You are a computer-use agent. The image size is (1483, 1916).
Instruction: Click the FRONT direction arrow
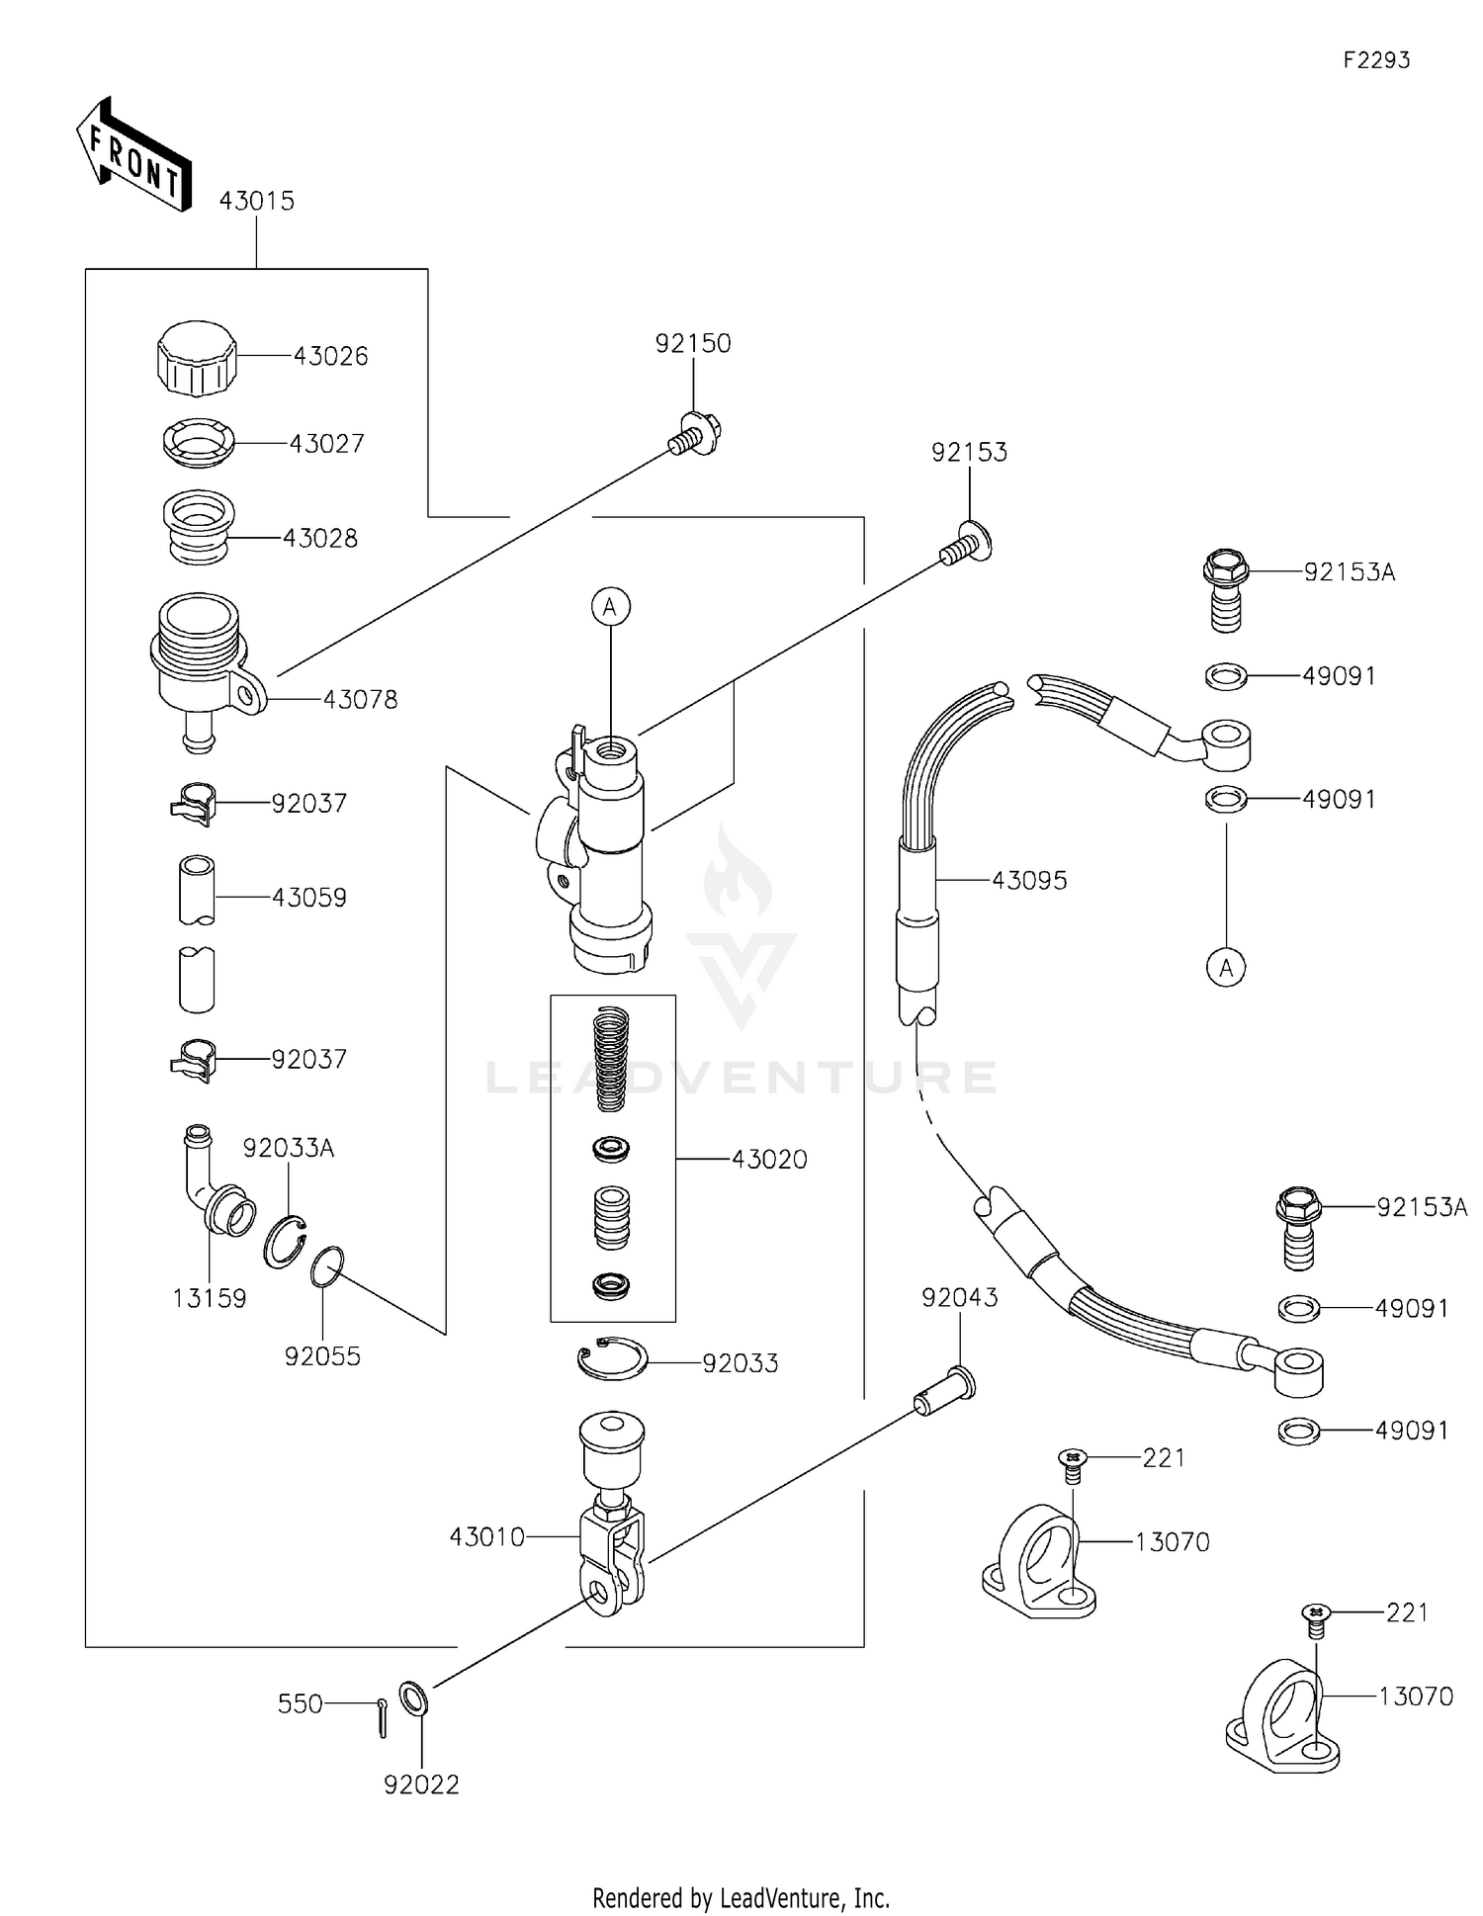coord(133,155)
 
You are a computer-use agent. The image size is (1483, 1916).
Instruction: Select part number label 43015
coord(256,201)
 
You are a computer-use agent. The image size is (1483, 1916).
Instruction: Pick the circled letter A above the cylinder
coord(610,606)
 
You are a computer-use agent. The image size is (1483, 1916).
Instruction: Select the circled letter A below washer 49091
coord(1226,968)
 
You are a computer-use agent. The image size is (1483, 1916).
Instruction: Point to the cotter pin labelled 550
coord(382,1715)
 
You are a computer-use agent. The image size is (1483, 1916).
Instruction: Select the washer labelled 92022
coord(413,1699)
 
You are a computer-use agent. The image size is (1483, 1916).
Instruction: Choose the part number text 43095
coord(1029,880)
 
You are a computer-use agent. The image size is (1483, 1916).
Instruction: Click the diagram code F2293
coord(1375,60)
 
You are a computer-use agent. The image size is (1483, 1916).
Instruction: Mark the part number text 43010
coord(486,1537)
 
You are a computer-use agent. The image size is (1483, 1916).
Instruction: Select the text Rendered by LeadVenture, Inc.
coord(741,1897)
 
